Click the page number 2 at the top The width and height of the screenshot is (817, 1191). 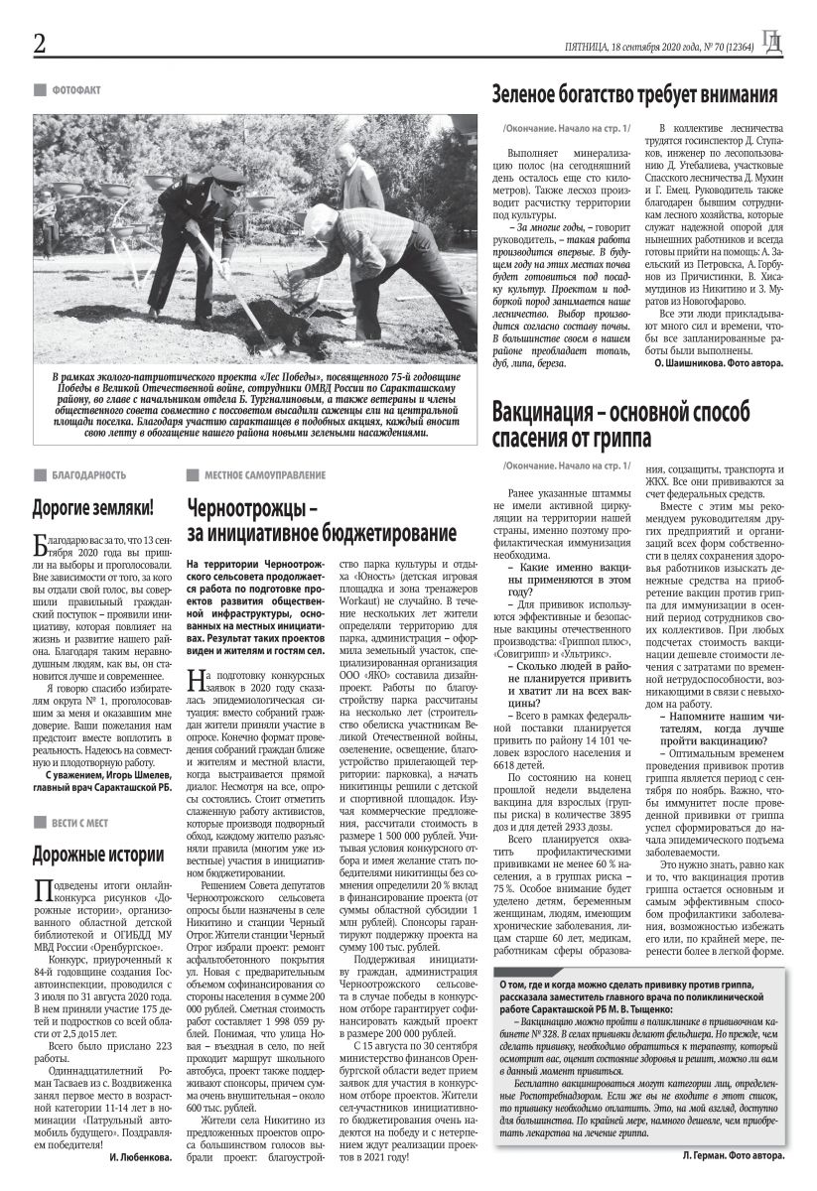tap(40, 44)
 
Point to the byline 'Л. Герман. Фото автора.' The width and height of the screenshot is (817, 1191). tap(733, 1156)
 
